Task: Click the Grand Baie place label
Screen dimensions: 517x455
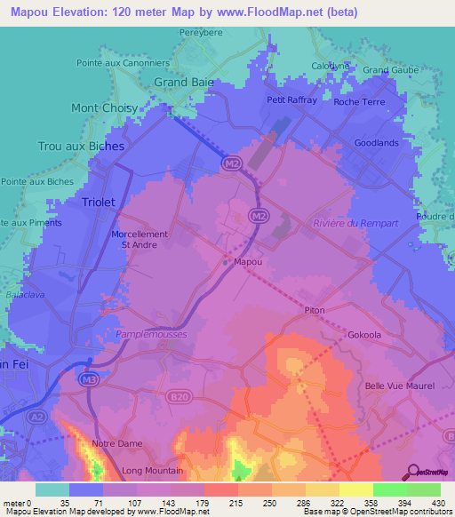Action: tap(184, 83)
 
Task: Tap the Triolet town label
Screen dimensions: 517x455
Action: tap(99, 203)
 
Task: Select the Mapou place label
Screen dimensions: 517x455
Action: tap(247, 262)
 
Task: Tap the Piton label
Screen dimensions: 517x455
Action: tap(315, 310)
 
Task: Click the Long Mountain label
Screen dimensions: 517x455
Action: tap(153, 470)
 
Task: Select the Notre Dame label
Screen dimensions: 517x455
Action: tap(116, 442)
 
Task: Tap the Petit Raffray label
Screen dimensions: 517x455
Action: tap(292, 100)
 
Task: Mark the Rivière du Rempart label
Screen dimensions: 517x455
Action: tap(355, 223)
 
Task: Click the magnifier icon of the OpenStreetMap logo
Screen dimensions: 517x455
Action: tap(411, 472)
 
